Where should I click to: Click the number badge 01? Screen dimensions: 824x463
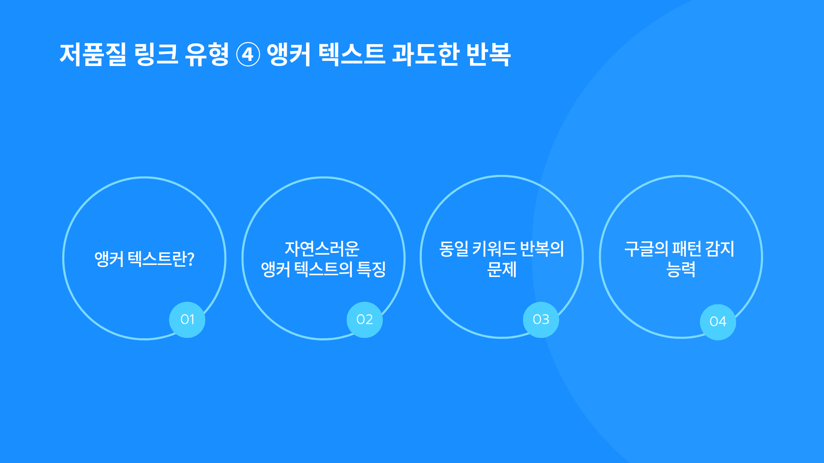point(187,320)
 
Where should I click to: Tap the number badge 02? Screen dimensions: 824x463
point(365,320)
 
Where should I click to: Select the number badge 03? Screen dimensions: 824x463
point(541,320)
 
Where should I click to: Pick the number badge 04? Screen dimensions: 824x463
point(718,322)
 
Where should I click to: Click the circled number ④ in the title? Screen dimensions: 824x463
point(248,55)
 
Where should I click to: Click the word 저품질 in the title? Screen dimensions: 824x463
point(93,54)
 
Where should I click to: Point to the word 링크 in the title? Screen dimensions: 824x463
point(156,54)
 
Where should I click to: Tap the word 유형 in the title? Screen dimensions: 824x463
point(207,54)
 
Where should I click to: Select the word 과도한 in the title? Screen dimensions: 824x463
point(426,54)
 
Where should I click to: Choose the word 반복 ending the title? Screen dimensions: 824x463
point(488,54)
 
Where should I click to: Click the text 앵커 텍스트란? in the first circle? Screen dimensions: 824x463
point(145,259)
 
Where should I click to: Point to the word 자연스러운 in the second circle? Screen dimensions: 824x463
point(322,249)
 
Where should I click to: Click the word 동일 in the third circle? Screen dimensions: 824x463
point(454,249)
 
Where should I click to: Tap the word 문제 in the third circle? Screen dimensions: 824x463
point(502,270)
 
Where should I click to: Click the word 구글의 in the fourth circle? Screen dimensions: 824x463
point(646,249)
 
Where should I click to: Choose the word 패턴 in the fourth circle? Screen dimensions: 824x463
point(687,249)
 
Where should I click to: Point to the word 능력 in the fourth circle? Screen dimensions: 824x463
point(681,270)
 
